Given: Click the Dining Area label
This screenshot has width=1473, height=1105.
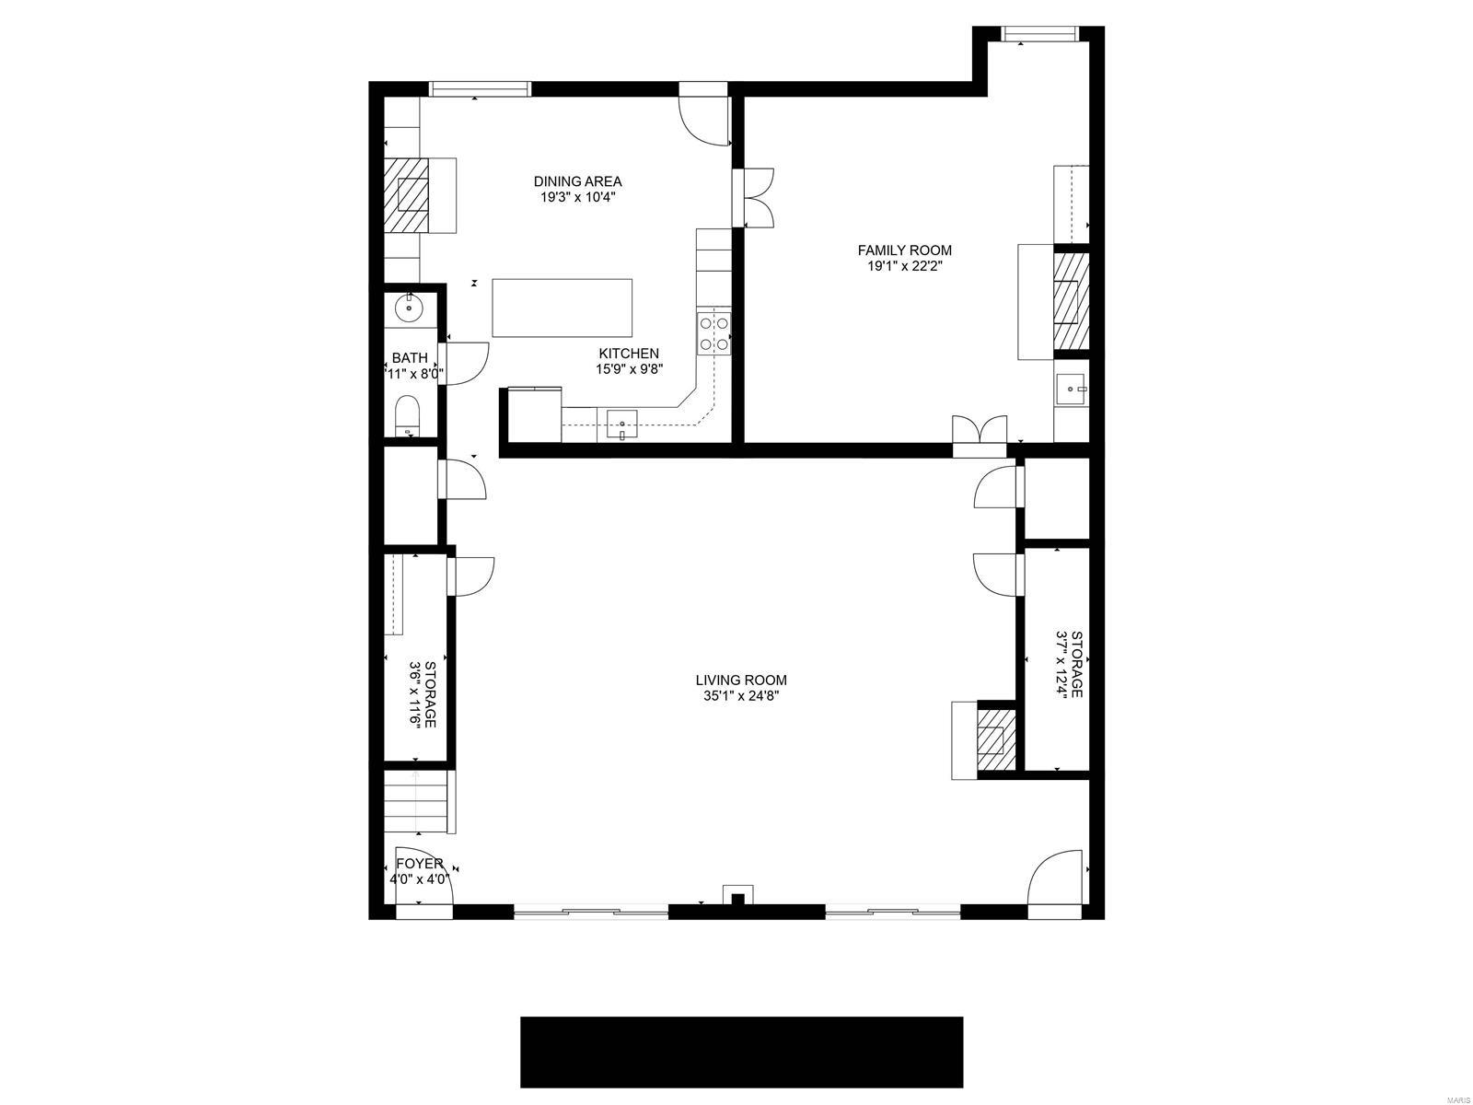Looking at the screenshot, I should (577, 181).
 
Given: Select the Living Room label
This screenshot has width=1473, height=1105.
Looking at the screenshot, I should (741, 680).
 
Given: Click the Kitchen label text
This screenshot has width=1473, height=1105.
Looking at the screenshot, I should (629, 354).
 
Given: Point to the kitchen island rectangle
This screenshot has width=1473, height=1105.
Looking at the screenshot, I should (563, 308).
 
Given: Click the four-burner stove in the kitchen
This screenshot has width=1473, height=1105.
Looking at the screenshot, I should (715, 333).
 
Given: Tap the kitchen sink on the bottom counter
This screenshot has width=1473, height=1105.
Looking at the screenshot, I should (623, 425).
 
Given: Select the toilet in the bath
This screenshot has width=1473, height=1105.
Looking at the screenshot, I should (407, 416).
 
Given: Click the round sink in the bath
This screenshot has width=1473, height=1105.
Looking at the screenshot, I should (408, 308).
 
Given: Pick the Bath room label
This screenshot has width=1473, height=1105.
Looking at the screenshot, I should (410, 358).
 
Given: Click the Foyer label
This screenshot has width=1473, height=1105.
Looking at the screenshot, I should (419, 864).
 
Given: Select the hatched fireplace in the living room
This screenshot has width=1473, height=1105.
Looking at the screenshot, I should (995, 739).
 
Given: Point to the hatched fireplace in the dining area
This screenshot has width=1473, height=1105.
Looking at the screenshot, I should (406, 195).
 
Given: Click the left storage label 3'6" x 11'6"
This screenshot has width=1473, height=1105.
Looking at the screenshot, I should (423, 693).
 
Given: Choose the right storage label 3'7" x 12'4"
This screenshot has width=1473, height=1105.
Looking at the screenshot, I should (1069, 664).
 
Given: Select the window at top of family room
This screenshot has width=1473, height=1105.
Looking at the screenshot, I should (1039, 35).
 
